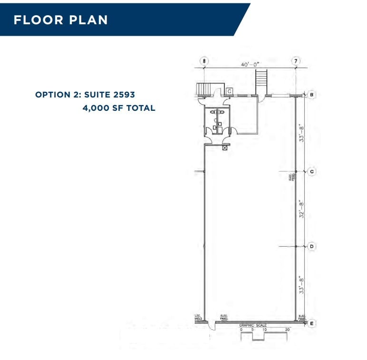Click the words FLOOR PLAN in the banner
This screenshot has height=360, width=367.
60,20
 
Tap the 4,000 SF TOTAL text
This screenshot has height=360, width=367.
119,108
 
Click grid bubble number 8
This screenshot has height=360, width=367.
204,61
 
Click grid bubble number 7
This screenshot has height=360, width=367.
296,61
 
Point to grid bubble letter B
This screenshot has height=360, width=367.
312,95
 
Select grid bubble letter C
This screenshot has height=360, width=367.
312,171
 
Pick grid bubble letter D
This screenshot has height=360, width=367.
312,246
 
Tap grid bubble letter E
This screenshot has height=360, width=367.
312,323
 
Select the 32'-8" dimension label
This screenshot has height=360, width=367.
301,209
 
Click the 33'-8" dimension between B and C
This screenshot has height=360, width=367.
301,133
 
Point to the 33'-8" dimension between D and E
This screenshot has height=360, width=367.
301,284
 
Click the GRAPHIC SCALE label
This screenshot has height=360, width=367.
252,325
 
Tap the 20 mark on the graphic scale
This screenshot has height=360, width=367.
288,330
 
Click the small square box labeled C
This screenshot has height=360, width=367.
229,91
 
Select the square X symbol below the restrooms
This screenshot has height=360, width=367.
225,148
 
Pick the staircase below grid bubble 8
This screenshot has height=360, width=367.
204,88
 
